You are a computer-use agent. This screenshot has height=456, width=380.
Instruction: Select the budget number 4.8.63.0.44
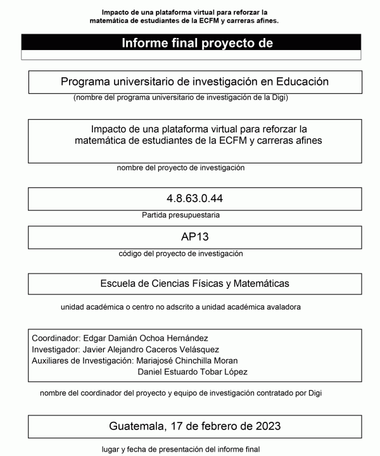(x=194, y=199)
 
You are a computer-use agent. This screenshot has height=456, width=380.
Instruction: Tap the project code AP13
(x=194, y=237)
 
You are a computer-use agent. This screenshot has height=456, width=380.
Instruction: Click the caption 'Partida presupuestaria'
(x=180, y=215)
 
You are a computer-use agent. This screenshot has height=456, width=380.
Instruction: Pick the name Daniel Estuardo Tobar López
(x=193, y=371)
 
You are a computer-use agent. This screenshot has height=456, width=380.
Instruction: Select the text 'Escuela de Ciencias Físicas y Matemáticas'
(x=194, y=283)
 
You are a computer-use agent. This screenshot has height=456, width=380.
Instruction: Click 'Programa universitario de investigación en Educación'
(x=194, y=82)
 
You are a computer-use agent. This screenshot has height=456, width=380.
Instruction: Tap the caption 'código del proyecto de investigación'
(x=180, y=253)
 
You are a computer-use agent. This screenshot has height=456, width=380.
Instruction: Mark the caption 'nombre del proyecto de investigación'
(x=180, y=168)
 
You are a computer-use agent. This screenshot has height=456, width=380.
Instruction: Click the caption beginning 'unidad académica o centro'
(x=180, y=307)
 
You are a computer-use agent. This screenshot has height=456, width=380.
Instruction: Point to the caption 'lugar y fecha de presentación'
(x=180, y=450)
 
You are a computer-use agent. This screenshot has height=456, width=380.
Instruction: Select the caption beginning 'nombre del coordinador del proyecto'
(x=180, y=393)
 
